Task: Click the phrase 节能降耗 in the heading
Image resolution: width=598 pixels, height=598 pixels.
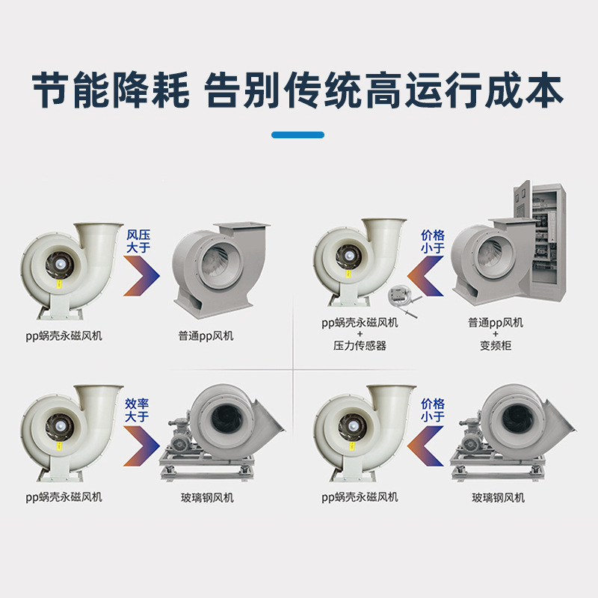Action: (x=111, y=90)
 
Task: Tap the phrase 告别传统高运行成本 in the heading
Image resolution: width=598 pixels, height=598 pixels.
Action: (x=383, y=90)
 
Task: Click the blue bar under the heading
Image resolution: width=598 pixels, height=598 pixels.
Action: (x=298, y=135)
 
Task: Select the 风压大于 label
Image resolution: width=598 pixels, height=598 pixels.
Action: (x=138, y=241)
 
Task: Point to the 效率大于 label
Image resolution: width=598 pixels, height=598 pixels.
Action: (x=137, y=410)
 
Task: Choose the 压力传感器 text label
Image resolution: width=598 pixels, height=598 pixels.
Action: (x=360, y=345)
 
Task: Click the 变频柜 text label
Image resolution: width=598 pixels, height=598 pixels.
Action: (x=496, y=345)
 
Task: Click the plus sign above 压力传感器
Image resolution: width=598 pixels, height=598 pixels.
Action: (x=360, y=334)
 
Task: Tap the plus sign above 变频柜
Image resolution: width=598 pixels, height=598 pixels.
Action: (x=496, y=334)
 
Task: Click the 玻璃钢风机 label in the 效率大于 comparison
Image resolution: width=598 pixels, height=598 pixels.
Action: (x=207, y=497)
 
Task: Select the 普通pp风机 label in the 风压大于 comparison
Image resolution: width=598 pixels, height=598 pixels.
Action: (x=206, y=336)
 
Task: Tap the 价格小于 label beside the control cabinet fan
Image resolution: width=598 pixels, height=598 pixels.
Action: (x=433, y=241)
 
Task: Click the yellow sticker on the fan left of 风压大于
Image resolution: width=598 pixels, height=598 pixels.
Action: (x=59, y=283)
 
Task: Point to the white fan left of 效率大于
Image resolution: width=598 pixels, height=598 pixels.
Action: (x=70, y=434)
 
